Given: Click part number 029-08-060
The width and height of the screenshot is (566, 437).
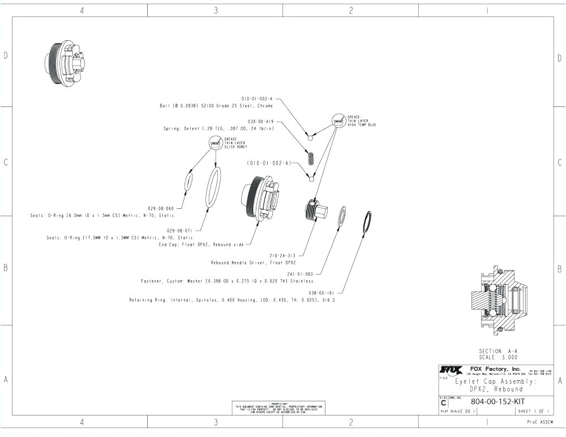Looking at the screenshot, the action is pos(162,209).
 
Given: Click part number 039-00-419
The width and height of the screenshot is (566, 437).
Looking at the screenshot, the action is pos(261,121).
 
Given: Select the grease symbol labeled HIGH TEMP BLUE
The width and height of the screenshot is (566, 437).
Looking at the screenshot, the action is pos(338,121).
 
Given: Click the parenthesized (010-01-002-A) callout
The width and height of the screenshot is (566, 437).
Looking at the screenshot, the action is pos(269,163).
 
